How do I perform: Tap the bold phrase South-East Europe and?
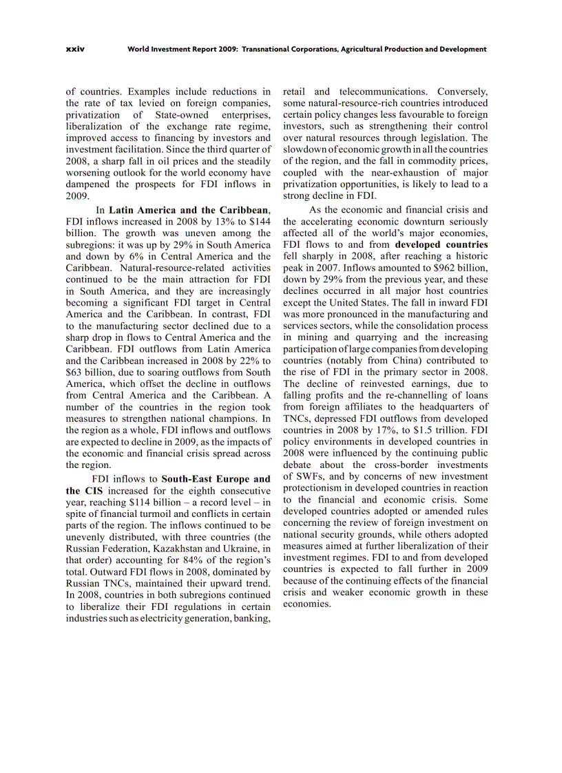216,479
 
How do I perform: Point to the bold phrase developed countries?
441,244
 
